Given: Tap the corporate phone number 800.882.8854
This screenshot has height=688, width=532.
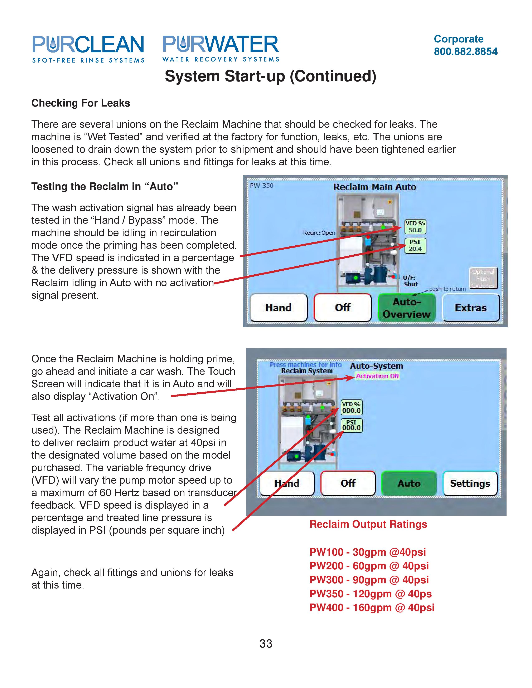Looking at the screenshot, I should (465, 51).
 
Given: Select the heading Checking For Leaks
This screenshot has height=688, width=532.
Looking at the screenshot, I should (81, 103).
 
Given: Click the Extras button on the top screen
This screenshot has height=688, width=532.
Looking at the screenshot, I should (470, 308).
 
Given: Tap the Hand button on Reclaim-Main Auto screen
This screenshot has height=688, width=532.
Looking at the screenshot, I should (278, 308).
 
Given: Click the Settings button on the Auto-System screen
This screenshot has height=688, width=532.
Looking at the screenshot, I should (470, 483).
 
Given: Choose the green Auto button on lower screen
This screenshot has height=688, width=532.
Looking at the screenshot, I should (409, 483).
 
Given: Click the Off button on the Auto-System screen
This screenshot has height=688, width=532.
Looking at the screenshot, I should (348, 483).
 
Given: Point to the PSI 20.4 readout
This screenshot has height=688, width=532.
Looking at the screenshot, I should (415, 245).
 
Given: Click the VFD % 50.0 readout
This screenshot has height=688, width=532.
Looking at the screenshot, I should (415, 226).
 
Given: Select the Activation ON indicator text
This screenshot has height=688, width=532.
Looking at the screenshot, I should (377, 376).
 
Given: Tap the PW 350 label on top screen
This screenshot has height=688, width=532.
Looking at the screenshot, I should (261, 186).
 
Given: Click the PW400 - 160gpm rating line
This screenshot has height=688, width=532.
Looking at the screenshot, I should (372, 607).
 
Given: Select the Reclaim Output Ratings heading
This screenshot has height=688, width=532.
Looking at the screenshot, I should (368, 524).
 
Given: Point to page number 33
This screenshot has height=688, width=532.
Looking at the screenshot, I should (266, 643).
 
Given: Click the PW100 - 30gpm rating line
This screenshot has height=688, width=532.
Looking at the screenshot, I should (367, 552).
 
